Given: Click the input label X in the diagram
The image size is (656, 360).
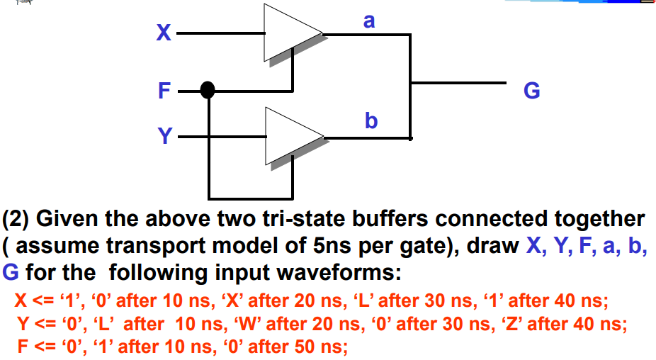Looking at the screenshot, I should (x=164, y=33).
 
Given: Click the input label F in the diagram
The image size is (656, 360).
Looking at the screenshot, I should (x=164, y=91).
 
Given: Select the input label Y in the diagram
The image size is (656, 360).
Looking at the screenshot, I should (x=164, y=135).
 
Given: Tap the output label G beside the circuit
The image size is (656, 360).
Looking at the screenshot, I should (x=531, y=91).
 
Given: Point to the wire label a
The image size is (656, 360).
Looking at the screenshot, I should (x=368, y=21).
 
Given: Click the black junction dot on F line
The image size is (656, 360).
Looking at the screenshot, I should (x=208, y=90).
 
